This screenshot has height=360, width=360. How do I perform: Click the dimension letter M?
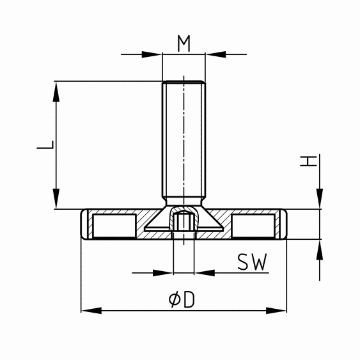click(x=184, y=43)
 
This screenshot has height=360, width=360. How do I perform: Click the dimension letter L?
click(x=45, y=145)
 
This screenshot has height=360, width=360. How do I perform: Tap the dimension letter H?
click(x=308, y=160)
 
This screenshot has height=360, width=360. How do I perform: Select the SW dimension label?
click(x=252, y=262)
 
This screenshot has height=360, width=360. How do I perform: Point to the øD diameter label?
click(x=182, y=300)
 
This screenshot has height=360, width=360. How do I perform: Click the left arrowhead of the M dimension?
click(x=152, y=54)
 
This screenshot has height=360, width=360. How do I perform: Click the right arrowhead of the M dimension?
click(x=216, y=54)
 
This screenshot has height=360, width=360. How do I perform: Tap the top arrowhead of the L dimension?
click(x=56, y=91)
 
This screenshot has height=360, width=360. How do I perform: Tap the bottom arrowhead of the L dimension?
click(x=56, y=199)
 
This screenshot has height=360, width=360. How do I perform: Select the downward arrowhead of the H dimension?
click(x=320, y=199)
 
